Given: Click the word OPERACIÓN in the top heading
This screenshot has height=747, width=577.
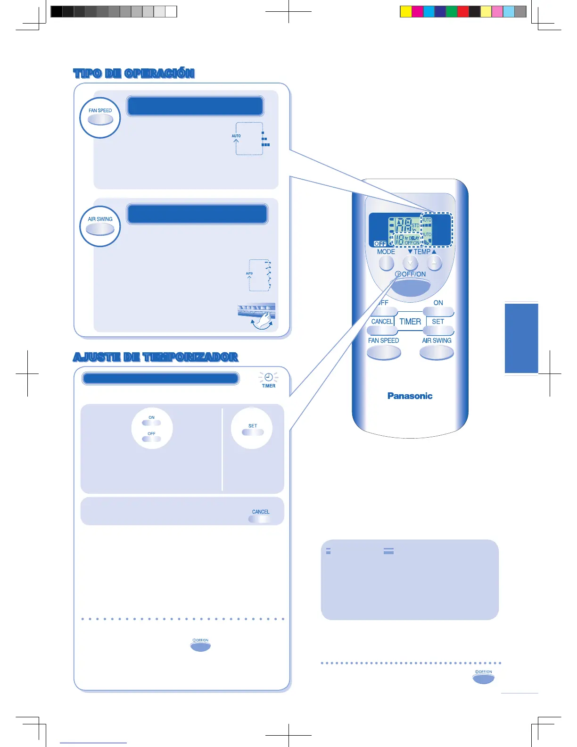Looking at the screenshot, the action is (x=159, y=74).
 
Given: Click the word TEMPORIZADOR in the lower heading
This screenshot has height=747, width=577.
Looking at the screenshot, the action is (x=190, y=357).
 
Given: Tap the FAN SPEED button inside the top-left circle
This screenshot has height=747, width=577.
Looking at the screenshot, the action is (x=100, y=119).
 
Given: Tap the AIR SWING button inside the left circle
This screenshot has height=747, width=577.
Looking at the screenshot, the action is (x=100, y=229).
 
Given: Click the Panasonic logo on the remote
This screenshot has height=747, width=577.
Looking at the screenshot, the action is (x=410, y=396).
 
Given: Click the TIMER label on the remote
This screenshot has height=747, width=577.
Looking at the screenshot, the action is (x=410, y=322).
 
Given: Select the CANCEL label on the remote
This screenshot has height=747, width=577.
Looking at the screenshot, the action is (x=382, y=322).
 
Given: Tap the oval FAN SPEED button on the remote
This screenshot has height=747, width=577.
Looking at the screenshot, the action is (x=384, y=352).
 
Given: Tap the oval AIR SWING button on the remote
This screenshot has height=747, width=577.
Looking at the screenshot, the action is (x=437, y=352).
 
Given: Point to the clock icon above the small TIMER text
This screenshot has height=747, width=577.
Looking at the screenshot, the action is (x=268, y=377).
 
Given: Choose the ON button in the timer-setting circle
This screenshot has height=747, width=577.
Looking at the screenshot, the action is (x=151, y=423).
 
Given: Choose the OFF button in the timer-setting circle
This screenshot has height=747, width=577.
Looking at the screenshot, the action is (x=151, y=439).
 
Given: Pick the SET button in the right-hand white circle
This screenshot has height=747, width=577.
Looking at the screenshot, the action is (x=253, y=432).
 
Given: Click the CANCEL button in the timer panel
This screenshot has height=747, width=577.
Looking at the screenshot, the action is (x=260, y=519).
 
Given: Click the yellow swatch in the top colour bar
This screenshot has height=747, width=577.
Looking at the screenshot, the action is (x=405, y=12).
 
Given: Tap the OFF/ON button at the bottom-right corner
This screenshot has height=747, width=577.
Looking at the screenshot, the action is (x=483, y=678).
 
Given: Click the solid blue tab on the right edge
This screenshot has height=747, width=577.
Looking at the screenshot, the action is (x=521, y=338).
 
